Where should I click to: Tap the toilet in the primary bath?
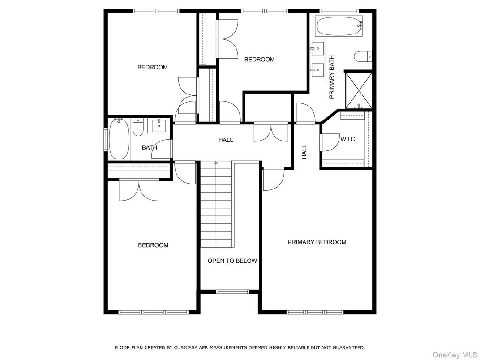pos(362,56)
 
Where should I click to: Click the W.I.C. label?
pos(348,139)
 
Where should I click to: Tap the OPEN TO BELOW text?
pos(232,261)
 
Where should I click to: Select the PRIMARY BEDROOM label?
pos(317,242)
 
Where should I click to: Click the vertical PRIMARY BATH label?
pos(332,77)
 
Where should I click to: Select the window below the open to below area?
pos(232,292)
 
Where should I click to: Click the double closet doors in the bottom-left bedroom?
pos(139,190)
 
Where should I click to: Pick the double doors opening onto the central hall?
pos(271,132)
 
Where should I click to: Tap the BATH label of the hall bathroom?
pos(150,147)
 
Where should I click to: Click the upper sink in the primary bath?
pos(317,47)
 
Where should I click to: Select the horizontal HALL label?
pos(226,140)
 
